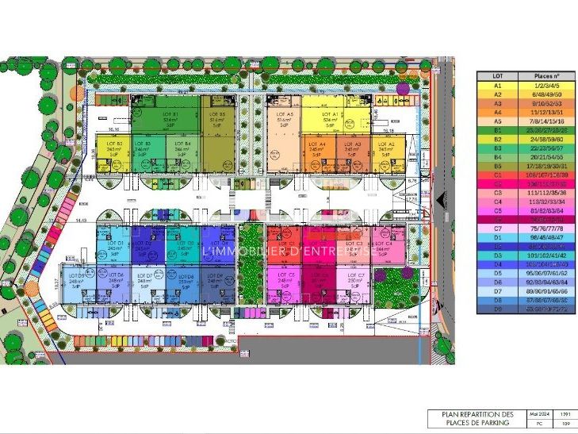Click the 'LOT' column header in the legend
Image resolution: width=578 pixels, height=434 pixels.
coord(498,75)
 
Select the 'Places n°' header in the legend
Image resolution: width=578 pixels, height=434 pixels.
coord(538,75)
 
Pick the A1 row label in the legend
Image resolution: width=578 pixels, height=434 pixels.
coord(498,85)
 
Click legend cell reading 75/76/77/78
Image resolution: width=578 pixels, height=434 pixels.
coord(538,227)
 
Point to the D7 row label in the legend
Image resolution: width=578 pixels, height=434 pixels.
coord(498,291)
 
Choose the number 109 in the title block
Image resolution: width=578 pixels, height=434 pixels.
coord(565,424)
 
